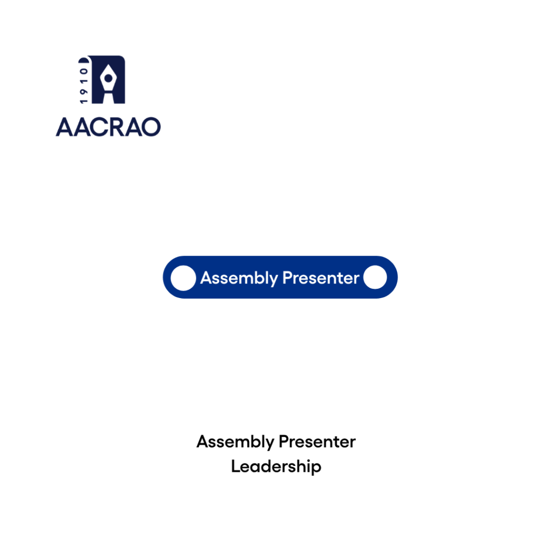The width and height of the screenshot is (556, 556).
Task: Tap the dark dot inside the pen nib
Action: (109, 78)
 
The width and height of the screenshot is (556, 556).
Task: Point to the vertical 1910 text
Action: (84, 86)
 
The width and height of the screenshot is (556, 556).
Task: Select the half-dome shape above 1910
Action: (83, 60)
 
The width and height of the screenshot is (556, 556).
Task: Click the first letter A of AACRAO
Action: (65, 127)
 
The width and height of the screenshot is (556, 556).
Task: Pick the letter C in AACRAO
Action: (98, 127)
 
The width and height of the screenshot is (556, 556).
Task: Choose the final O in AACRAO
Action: (151, 127)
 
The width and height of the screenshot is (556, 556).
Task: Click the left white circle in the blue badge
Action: (184, 278)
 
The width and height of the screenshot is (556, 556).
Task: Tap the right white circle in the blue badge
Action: (375, 277)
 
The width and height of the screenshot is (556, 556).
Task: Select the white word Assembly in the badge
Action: (239, 279)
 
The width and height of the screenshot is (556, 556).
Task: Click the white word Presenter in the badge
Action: (321, 278)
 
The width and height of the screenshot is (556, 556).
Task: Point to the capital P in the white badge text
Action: (288, 277)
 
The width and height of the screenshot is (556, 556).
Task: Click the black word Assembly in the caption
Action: (236, 442)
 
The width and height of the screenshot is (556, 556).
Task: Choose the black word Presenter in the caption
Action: (317, 442)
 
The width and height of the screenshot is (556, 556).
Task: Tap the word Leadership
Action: (276, 466)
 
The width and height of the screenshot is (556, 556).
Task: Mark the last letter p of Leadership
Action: (317, 469)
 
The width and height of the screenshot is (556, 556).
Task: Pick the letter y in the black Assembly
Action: (270, 445)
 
